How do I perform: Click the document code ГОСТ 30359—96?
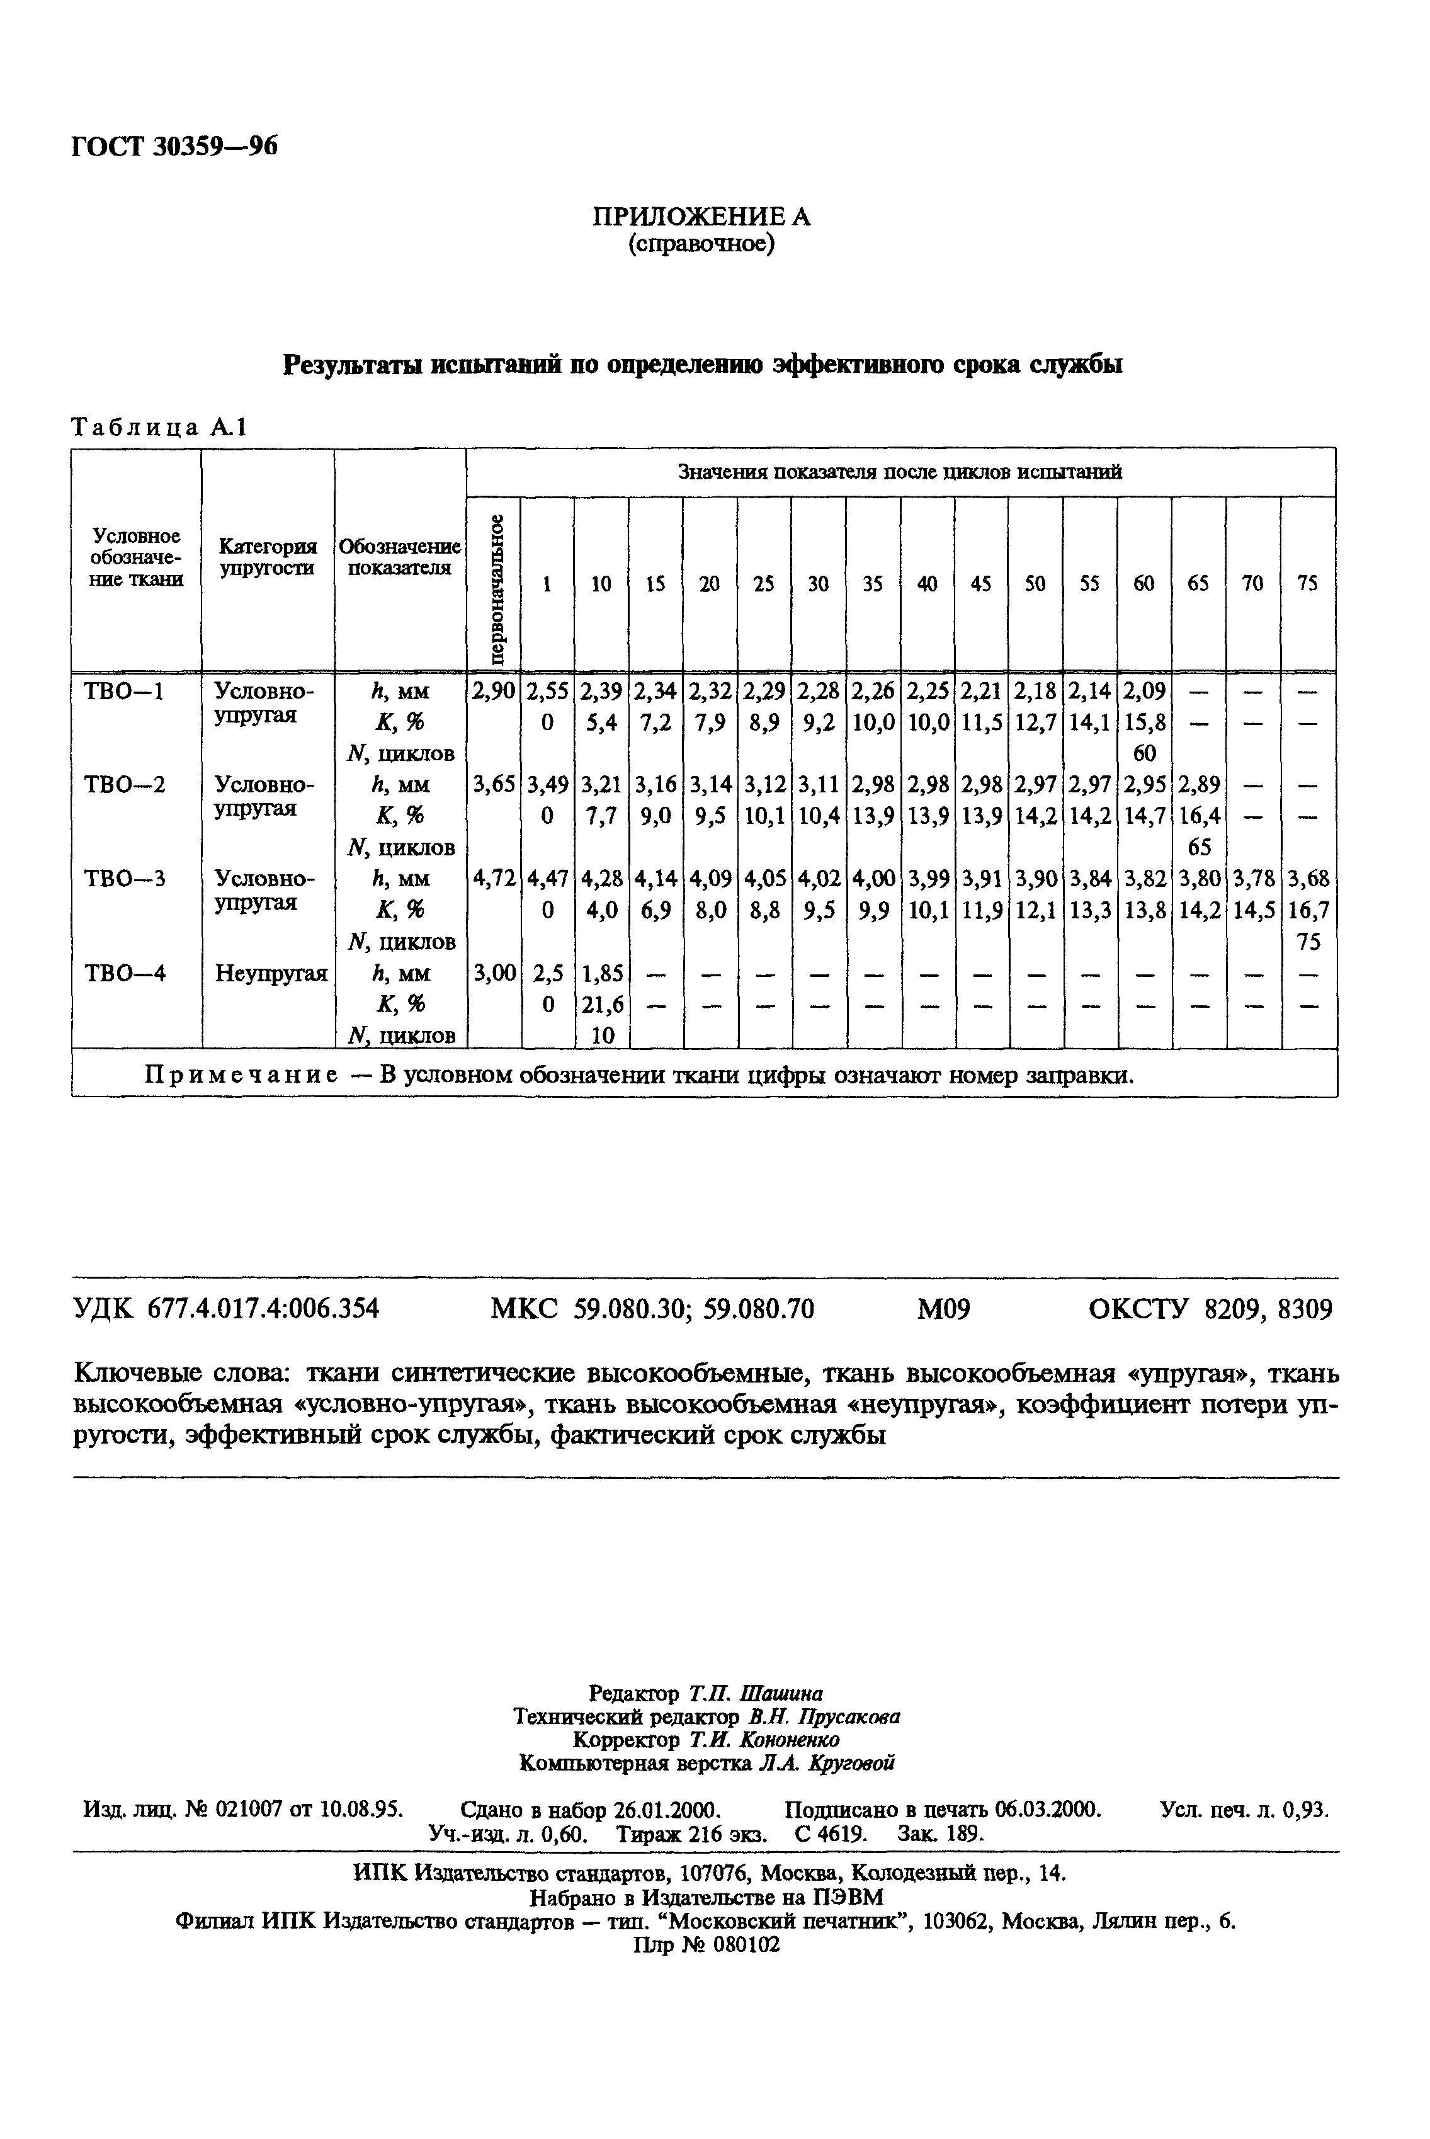pos(173,146)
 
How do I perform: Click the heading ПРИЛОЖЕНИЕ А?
pos(701,217)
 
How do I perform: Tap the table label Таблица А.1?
pos(159,428)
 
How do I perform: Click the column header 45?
pos(980,585)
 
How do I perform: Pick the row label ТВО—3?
pos(124,879)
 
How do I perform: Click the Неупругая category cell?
pos(271,973)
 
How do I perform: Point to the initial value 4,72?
pos(494,879)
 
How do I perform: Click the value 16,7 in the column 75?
pos(1308,910)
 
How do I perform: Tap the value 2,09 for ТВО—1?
pos(1143,692)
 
